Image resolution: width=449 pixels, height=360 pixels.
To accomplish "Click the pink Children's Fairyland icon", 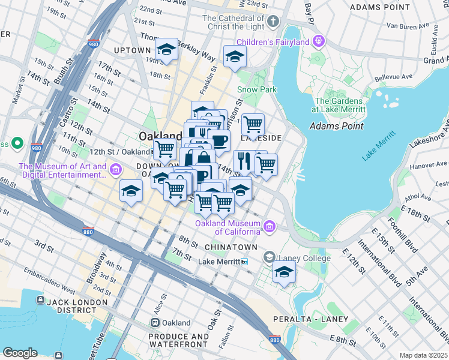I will click(318, 41).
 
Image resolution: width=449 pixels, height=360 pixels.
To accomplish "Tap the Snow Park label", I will click(256, 89).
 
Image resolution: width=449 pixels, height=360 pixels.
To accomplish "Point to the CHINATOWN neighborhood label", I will click(231, 247).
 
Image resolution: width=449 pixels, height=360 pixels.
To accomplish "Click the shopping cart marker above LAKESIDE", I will click(253, 124).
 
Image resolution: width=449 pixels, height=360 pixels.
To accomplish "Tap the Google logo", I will click(20, 353).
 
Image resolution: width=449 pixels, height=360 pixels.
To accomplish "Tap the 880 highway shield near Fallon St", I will click(275, 340).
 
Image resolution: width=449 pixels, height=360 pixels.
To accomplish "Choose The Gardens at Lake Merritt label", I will click(339, 105).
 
